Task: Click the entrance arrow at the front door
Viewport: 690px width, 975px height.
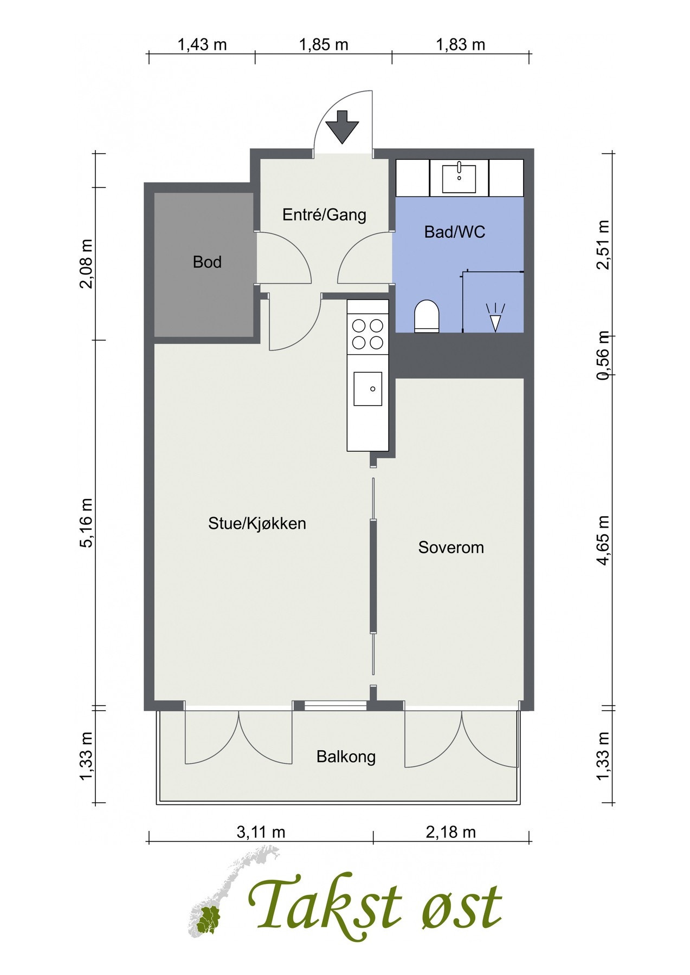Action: [x=342, y=127]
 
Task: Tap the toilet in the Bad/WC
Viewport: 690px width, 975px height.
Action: [x=427, y=316]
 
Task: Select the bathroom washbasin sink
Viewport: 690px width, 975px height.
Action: [x=459, y=178]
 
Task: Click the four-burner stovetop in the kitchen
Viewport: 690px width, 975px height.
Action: [x=367, y=334]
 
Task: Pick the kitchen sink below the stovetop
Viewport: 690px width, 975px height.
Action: [x=367, y=389]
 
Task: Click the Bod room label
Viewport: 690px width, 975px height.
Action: [x=207, y=262]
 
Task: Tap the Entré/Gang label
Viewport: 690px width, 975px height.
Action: [x=324, y=215]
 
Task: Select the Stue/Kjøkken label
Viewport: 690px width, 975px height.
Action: [x=257, y=524]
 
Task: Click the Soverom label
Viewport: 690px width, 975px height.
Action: [x=451, y=548]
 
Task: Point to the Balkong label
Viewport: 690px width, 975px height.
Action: [x=346, y=757]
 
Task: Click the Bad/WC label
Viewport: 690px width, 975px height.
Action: [x=455, y=232]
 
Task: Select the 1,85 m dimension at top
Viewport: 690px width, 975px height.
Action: [x=324, y=44]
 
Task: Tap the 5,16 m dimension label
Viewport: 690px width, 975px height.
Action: [x=87, y=523]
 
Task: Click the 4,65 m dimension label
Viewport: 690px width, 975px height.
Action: [x=603, y=541]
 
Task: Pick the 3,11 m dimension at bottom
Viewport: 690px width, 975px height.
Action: [x=261, y=831]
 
